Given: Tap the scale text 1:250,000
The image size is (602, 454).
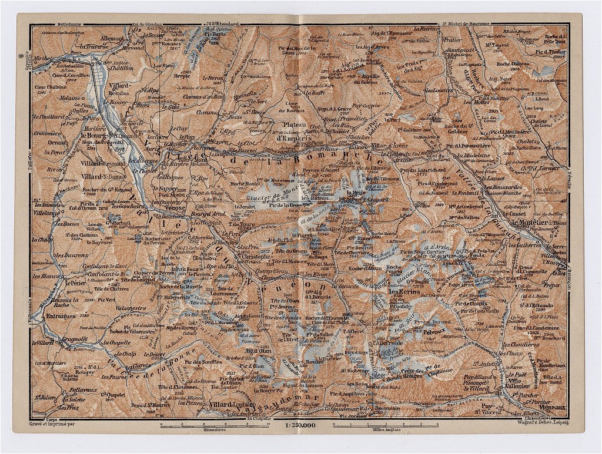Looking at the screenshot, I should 300,423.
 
